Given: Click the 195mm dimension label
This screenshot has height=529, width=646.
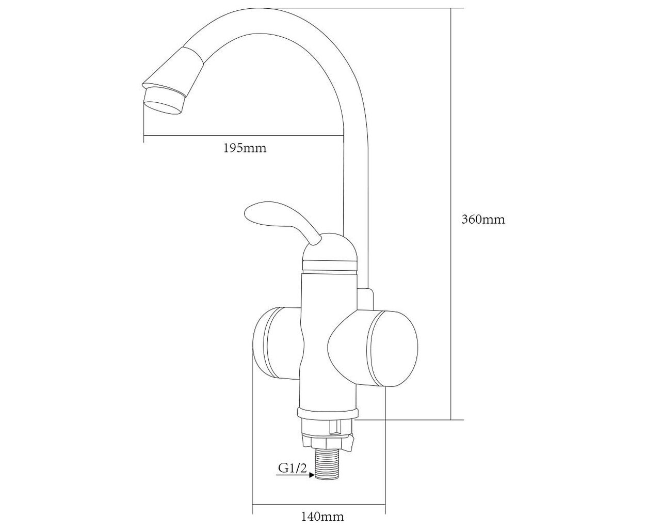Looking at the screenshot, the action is [245, 148].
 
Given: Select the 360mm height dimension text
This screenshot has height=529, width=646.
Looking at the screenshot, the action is [483, 220].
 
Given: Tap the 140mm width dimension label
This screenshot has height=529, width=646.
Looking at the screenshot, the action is [322, 508].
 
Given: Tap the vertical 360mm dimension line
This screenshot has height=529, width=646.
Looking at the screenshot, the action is [451, 214].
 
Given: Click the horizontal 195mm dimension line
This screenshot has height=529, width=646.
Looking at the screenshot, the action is [243, 135].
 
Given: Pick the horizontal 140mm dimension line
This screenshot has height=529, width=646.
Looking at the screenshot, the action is [318, 495].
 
